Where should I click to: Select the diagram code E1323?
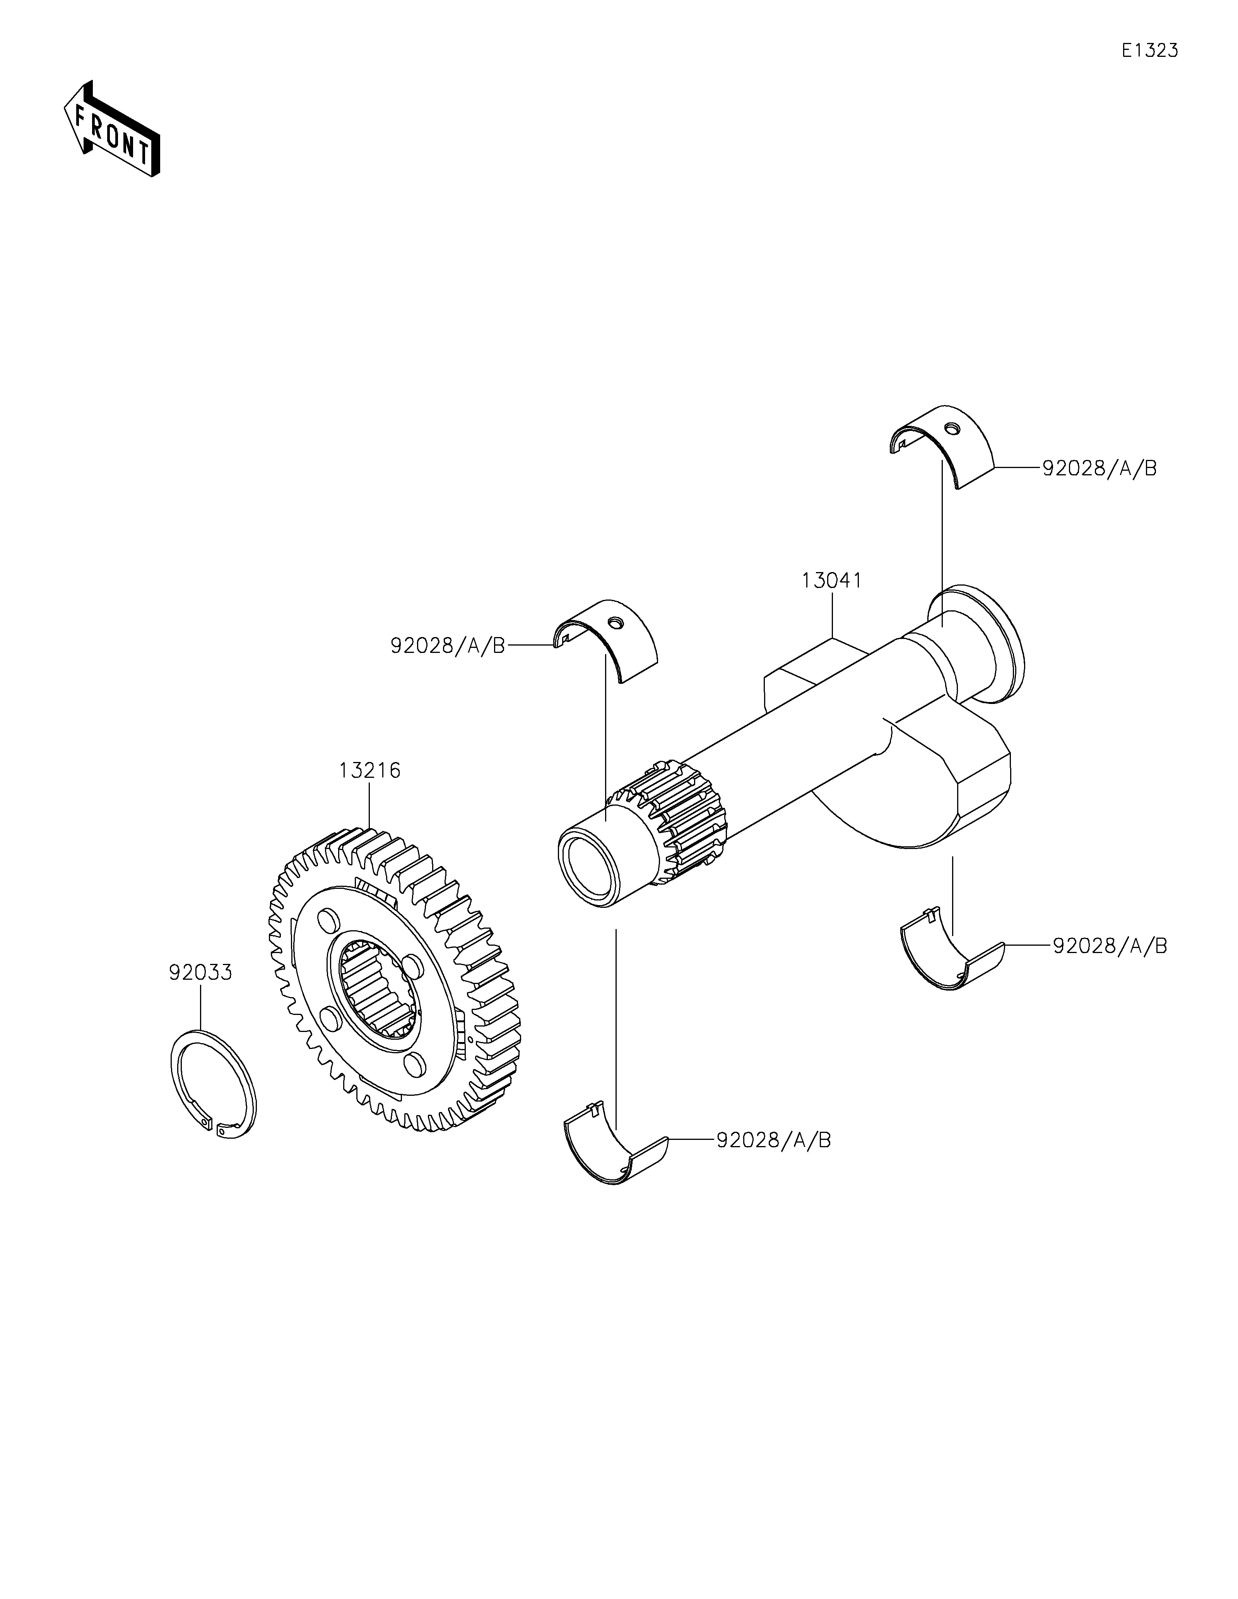point(1149,51)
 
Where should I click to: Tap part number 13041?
point(832,581)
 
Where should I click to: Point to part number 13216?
point(370,771)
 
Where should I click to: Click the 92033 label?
point(200,973)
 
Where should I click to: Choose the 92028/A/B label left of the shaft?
point(448,646)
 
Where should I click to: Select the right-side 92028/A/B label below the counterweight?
point(1110,946)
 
